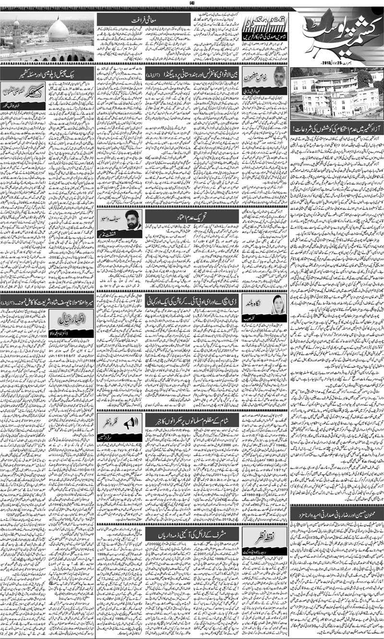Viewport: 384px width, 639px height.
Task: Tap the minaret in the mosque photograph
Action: pyautogui.click(x=16, y=36)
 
